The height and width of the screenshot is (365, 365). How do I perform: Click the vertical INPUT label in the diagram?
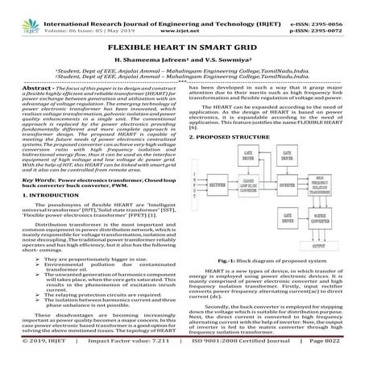[193, 172]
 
